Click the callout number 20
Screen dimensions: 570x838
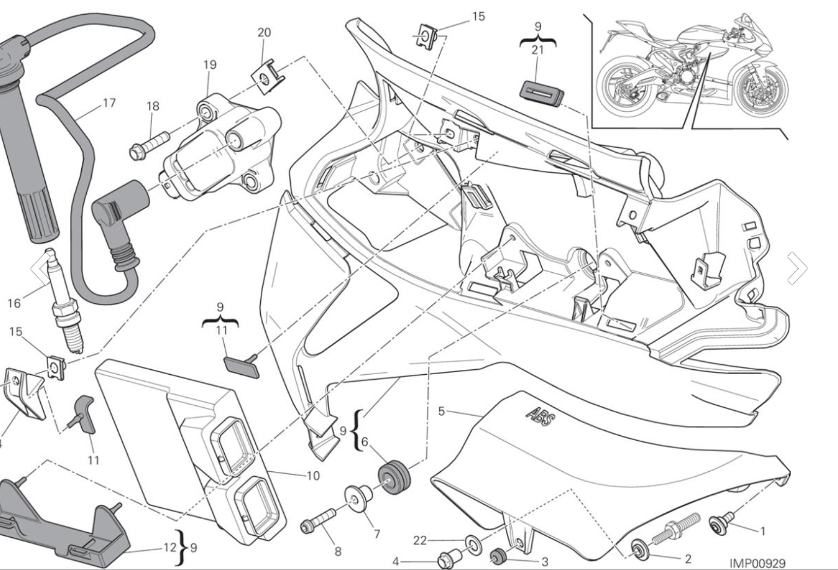pos(264,33)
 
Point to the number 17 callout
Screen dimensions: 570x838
pos(109,103)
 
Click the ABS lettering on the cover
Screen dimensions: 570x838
pos(541,419)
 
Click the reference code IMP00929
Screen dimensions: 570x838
pos(757,562)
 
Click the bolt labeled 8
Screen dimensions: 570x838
pos(318,520)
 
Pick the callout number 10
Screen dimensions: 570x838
pos(313,476)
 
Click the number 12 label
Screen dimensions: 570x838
pos(170,547)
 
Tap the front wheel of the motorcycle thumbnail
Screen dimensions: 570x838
pos(761,88)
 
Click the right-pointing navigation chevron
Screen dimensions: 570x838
pos(797,268)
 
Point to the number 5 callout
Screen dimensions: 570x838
pos(442,411)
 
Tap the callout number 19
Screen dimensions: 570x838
pos(209,64)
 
